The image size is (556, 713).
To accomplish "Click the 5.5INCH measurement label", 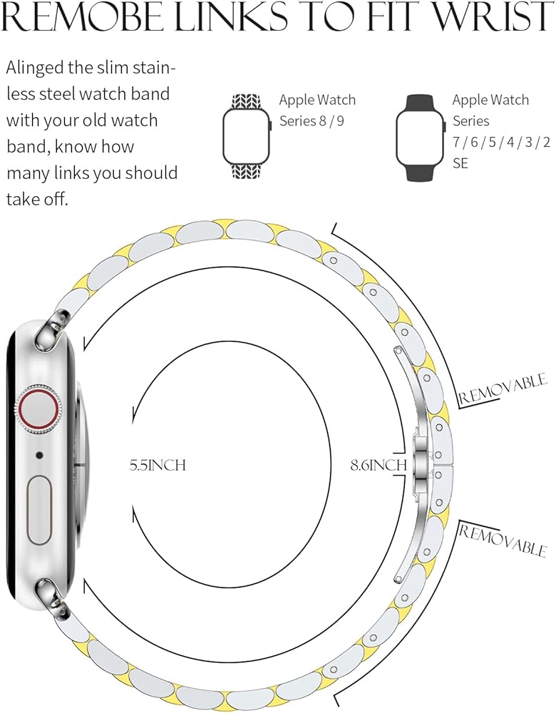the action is [158, 466].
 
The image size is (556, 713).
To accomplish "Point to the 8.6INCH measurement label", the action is [378, 466].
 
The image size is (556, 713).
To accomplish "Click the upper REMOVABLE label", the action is [503, 388].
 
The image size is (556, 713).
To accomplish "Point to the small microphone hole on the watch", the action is [38, 455].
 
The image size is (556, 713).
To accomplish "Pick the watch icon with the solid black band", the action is [420, 135].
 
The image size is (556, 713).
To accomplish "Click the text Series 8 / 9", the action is [312, 120].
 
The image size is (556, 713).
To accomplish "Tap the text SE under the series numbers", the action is [460, 163].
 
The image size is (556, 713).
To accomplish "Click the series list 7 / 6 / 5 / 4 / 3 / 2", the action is [501, 142].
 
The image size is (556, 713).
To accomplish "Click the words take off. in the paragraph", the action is [37, 199].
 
